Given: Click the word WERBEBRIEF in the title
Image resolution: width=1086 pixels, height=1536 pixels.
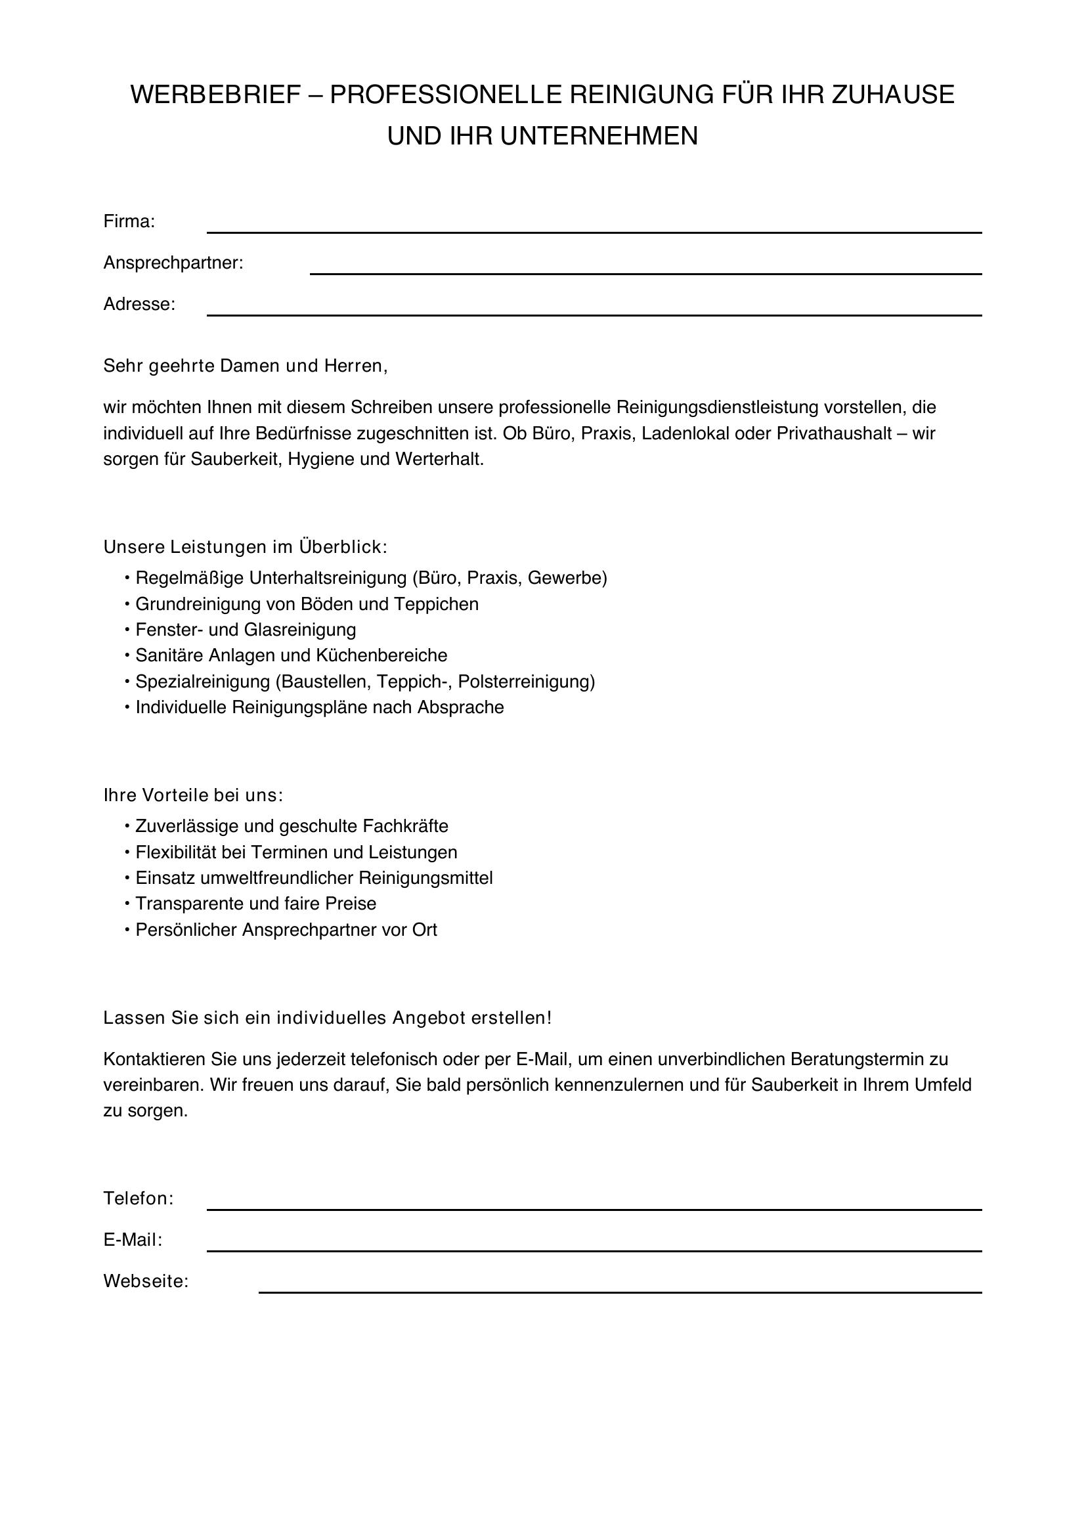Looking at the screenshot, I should click(215, 95).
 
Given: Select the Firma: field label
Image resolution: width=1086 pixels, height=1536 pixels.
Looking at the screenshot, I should click(129, 221).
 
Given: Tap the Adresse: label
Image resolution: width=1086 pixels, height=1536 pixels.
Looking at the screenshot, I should click(139, 305).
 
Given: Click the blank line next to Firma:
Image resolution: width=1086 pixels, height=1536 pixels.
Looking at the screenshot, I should click(594, 227).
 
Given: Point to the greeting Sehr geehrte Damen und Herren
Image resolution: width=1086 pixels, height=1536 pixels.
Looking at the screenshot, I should click(245, 366).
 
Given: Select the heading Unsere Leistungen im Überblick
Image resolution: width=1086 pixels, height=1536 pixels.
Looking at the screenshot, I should click(245, 547).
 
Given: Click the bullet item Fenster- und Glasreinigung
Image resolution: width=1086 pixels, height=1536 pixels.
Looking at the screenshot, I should click(246, 630).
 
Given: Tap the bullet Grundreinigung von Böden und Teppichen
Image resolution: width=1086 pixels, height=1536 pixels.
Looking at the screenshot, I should click(306, 604).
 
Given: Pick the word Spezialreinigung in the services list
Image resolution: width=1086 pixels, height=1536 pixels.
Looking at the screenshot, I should click(202, 682).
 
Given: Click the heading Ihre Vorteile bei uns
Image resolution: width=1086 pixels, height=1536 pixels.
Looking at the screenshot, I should click(193, 795).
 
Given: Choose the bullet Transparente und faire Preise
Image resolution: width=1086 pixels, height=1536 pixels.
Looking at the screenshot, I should click(255, 904).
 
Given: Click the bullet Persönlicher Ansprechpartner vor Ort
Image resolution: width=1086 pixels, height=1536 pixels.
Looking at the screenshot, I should click(286, 930).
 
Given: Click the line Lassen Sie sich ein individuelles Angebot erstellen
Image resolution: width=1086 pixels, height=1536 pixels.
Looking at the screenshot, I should click(327, 1019).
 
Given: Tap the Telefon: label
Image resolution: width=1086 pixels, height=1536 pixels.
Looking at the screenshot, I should click(139, 1198).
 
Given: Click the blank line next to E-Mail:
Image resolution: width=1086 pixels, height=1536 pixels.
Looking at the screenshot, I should click(594, 1245).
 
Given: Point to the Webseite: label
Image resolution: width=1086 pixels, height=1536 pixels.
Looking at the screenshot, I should click(146, 1281).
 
